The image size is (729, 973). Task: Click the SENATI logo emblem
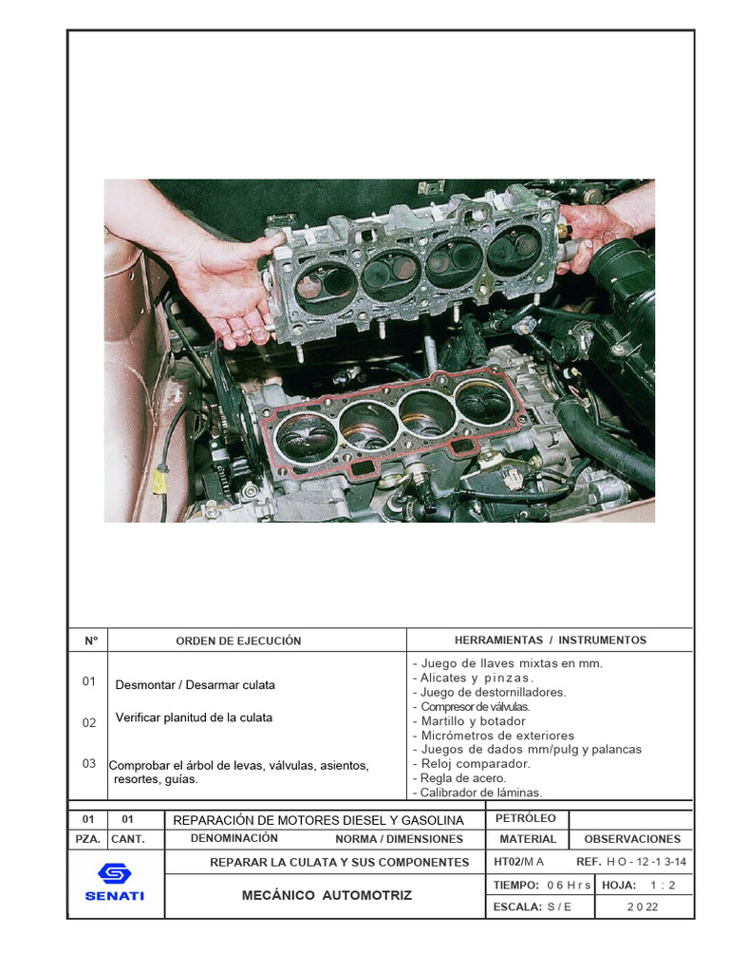[x=115, y=875]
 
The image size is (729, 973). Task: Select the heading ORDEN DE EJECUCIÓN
[x=238, y=640]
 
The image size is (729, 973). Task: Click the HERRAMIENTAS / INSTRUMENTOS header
[x=550, y=640]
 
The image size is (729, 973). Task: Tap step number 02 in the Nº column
[x=89, y=722]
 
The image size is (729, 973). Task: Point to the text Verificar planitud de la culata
[x=194, y=717]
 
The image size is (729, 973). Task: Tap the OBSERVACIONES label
[x=632, y=839]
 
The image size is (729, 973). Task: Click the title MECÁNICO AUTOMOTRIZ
[x=327, y=895]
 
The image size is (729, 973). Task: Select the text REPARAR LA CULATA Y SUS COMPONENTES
[x=339, y=862]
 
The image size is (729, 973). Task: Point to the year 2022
[x=642, y=906]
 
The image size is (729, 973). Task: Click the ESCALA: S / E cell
[x=533, y=906]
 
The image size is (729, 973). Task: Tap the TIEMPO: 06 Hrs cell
[x=542, y=885]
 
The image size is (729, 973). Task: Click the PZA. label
[x=87, y=839]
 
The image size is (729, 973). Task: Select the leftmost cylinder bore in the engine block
[x=306, y=436]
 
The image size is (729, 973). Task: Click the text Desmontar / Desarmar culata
[x=195, y=685]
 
